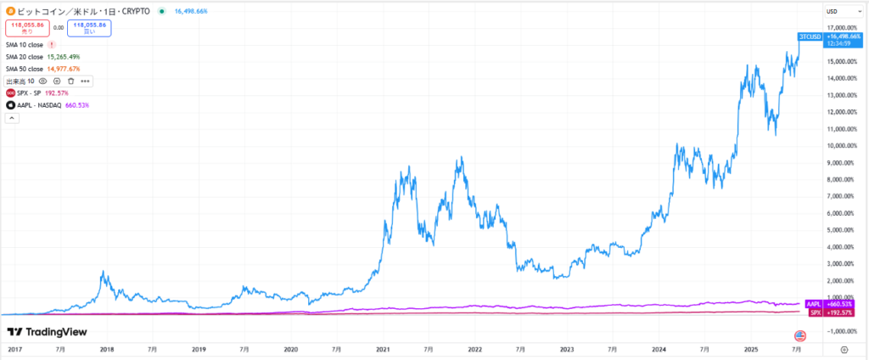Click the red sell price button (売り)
pyautogui.click(x=28, y=27)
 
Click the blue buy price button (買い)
pyautogui.click(x=90, y=27)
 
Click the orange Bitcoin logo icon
pyautogui.click(x=9, y=11)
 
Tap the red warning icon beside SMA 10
pyautogui.click(x=53, y=43)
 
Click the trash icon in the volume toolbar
pyautogui.click(x=70, y=81)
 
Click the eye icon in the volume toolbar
pyautogui.click(x=42, y=81)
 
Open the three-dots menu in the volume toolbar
pyautogui.click(x=85, y=81)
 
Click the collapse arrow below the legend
pyautogui.click(x=10, y=118)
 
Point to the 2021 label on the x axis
pyautogui.click(x=383, y=348)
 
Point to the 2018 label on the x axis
pyautogui.click(x=107, y=348)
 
